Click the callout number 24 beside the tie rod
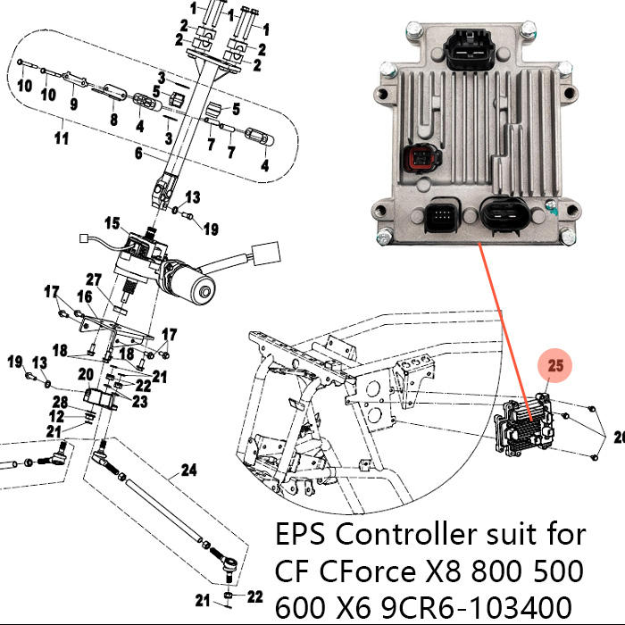point(189,471)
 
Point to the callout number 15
point(112,222)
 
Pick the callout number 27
point(95,279)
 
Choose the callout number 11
point(62,139)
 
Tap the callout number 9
point(73,104)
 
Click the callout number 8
point(112,119)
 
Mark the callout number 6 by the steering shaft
point(138,154)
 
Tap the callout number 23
point(140,402)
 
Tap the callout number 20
point(87,373)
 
